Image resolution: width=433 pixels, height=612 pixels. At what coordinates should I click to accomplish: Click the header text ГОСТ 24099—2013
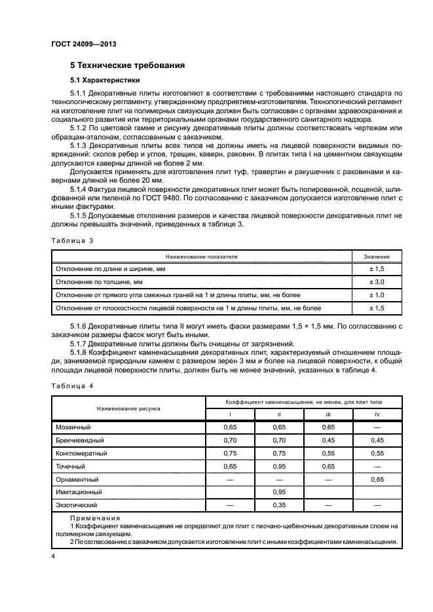point(79,44)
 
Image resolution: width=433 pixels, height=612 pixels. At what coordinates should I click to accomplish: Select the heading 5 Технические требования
point(127,65)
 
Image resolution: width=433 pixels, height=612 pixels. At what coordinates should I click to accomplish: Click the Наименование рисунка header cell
point(128,408)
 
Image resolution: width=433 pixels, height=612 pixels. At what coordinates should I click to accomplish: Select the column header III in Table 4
point(329,414)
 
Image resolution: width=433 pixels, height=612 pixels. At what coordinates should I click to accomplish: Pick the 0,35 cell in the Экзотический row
point(279,505)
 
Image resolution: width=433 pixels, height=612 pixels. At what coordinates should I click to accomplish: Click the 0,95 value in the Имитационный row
point(279,492)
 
